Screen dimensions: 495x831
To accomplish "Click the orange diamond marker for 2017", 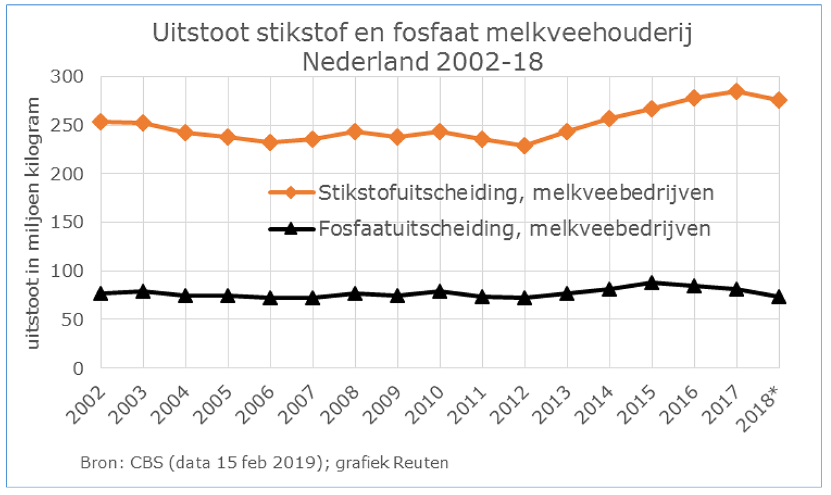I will coord(736,91).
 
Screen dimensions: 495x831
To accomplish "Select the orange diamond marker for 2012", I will coord(525,146).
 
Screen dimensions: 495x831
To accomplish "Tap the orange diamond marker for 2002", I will coord(100,122).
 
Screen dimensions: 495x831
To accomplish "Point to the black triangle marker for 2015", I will coord(652,283).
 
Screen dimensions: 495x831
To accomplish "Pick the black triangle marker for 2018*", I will coord(779,297).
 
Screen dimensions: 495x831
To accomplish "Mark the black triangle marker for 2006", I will coord(270,298).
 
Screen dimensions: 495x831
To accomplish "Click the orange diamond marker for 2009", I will coord(397,137).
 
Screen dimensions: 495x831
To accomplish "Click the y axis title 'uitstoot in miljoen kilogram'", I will coord(36,223).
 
